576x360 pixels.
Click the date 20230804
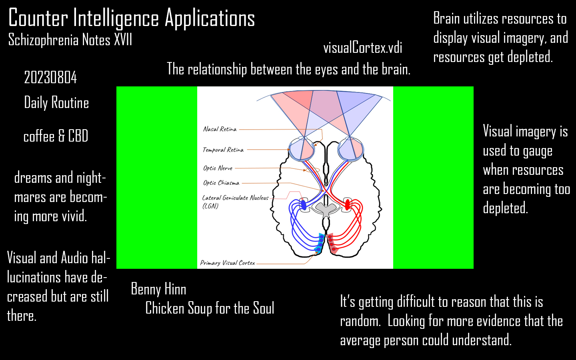[x=50, y=78]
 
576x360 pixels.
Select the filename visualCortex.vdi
[x=362, y=48]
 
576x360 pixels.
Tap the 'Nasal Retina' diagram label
[x=220, y=129]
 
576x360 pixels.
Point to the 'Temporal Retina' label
[x=223, y=150]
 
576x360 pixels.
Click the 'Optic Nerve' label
[x=218, y=168]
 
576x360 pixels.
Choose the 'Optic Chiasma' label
[x=221, y=183]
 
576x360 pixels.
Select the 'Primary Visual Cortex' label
[x=227, y=263]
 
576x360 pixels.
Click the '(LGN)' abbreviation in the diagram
[x=210, y=206]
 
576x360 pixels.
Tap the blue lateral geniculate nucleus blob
[x=303, y=205]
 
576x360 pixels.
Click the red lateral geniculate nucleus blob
[x=348, y=204]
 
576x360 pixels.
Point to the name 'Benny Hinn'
[x=158, y=289]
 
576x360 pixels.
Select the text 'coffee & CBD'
[x=56, y=136]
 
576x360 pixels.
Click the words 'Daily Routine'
[x=56, y=103]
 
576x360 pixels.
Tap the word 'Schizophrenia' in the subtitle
[x=43, y=40]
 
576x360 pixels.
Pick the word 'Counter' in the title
[x=38, y=18]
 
